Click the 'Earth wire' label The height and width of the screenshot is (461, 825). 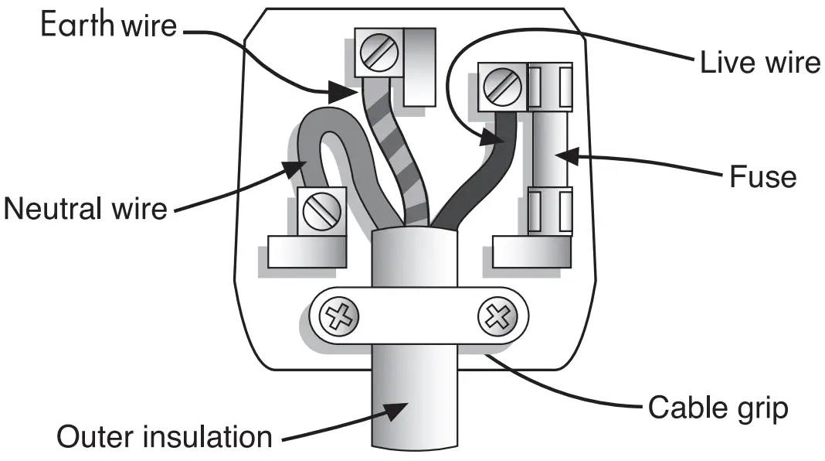click(x=108, y=25)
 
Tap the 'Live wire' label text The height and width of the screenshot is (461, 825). click(x=759, y=63)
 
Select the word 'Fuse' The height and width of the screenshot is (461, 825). click(x=762, y=177)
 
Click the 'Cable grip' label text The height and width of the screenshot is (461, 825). click(x=718, y=407)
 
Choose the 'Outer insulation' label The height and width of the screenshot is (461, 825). click(x=165, y=436)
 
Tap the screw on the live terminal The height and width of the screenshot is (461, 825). click(x=501, y=87)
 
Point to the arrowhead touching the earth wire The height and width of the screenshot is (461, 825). click(x=340, y=94)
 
